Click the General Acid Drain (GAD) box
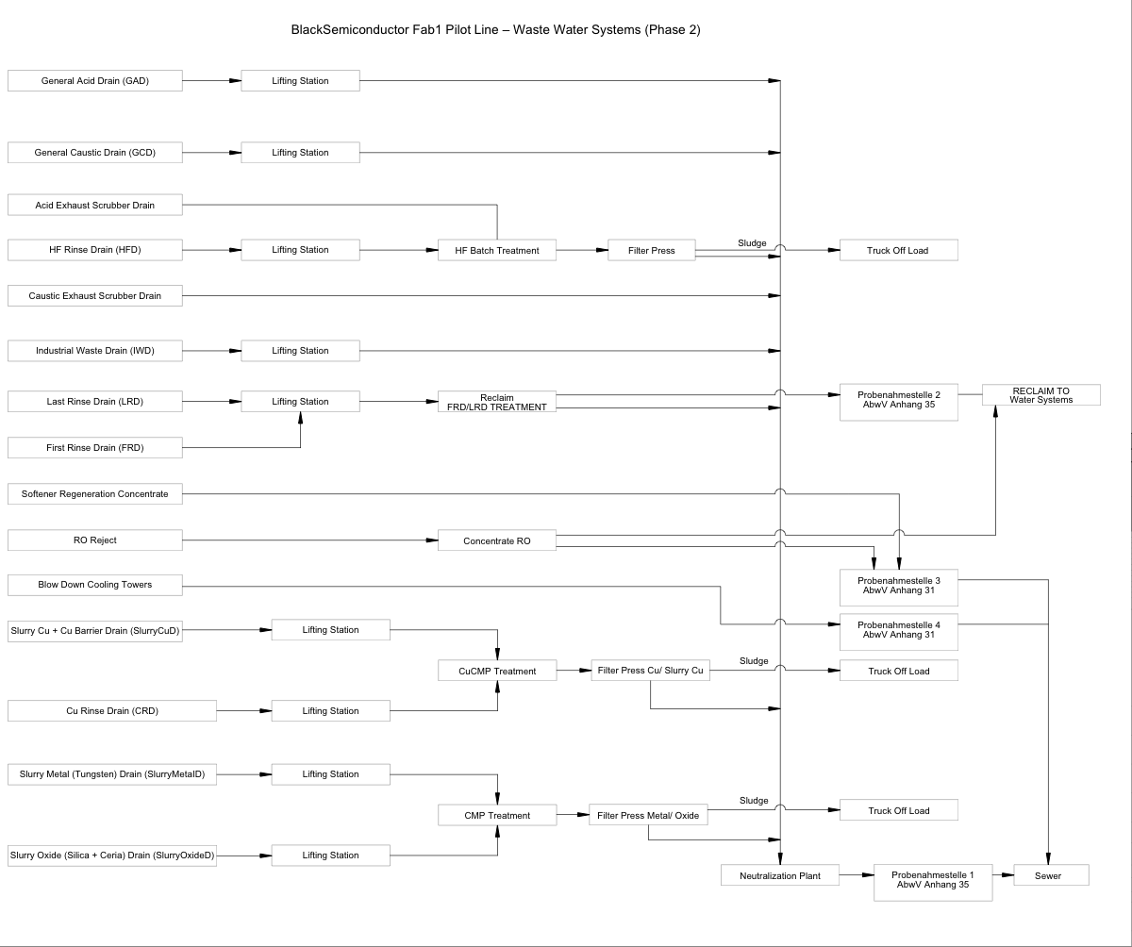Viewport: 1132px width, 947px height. [x=95, y=81]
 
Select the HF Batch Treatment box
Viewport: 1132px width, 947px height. [x=497, y=250]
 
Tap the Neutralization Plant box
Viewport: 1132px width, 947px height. [x=779, y=875]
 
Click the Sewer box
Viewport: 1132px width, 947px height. [x=1051, y=875]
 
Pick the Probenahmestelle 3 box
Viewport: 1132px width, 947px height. [x=899, y=586]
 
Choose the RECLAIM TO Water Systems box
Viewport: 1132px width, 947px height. [x=1040, y=395]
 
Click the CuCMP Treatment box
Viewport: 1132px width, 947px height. [x=497, y=671]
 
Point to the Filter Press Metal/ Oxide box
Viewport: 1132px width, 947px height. [x=648, y=815]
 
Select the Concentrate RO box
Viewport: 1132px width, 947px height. [x=497, y=540]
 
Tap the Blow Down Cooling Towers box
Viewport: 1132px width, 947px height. [x=95, y=585]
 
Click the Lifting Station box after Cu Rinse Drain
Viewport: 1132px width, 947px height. [x=330, y=711]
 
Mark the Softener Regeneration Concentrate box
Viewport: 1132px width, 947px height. [x=95, y=493]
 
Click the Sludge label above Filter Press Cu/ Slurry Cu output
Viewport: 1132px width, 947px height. [x=754, y=661]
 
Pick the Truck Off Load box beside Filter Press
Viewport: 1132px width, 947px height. [x=898, y=250]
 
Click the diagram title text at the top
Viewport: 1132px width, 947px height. [x=496, y=30]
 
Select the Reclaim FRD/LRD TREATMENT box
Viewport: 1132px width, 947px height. [x=497, y=402]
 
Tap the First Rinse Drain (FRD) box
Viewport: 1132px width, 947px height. [x=95, y=447]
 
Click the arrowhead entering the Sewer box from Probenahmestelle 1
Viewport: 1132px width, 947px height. [x=1007, y=875]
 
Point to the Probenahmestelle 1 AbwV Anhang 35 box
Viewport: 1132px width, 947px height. [x=933, y=880]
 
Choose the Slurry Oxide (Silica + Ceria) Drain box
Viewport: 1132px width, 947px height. [x=112, y=856]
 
